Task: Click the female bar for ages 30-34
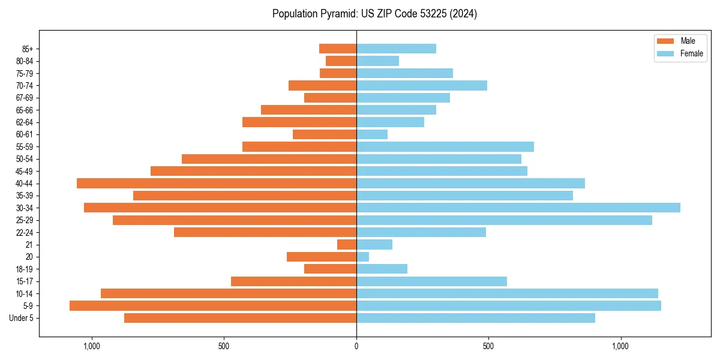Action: click(518, 208)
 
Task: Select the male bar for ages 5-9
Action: click(213, 306)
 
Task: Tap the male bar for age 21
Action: click(347, 245)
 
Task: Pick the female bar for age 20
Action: click(363, 257)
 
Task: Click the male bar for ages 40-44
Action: click(217, 183)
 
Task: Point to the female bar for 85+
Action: click(396, 49)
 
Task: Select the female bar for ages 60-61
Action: click(372, 134)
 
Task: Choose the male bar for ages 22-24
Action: click(265, 232)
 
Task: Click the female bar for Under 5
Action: click(476, 318)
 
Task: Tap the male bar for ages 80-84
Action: click(341, 61)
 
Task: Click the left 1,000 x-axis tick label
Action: click(92, 347)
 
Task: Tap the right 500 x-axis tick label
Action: click(488, 347)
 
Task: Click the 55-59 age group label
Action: click(25, 146)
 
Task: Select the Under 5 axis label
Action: click(22, 318)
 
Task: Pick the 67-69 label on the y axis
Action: click(25, 98)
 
